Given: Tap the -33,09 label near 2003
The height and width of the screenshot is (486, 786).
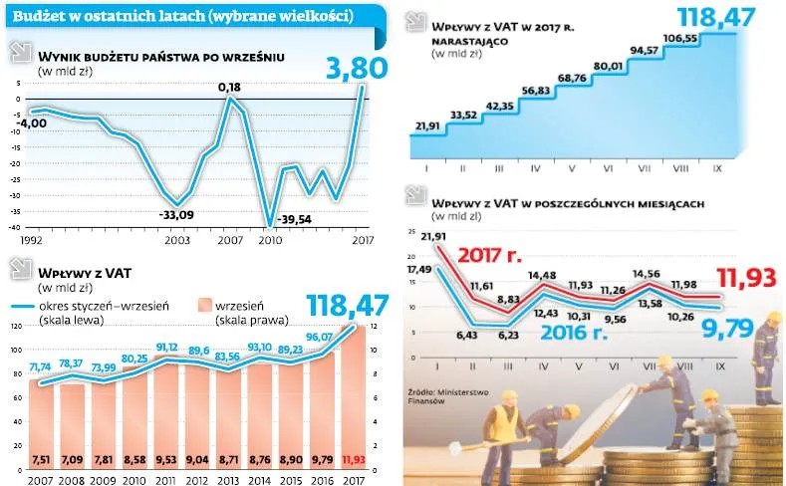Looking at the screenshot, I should (x=177, y=212).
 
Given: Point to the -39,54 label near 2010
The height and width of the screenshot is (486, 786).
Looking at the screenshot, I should (x=296, y=219).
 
